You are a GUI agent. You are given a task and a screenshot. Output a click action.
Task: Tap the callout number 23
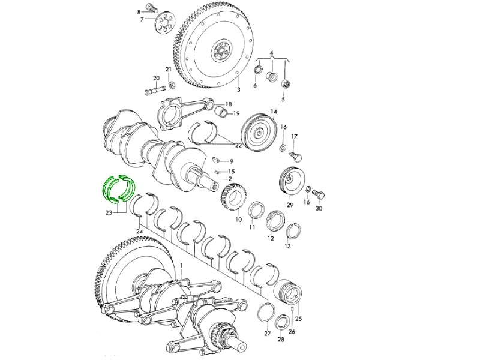click(x=109, y=213)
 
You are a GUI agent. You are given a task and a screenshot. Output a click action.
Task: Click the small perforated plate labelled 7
click(x=164, y=23)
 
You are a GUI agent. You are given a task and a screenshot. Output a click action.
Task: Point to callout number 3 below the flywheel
click(x=238, y=89)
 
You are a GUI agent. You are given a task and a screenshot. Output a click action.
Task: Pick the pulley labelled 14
click(x=259, y=131)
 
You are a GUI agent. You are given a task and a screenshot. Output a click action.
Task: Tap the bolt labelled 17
click(x=296, y=157)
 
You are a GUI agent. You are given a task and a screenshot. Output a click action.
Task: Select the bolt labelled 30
click(x=319, y=194)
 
